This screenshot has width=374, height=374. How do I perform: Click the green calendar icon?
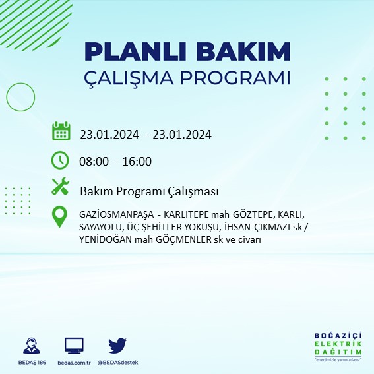(61, 131)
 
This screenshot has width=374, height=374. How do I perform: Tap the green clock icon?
(60, 160)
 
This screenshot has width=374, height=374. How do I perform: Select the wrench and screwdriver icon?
(61, 187)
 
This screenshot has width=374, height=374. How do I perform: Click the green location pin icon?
(61, 217)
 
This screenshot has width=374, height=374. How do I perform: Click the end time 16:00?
(137, 162)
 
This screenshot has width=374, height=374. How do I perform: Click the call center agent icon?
(30, 346)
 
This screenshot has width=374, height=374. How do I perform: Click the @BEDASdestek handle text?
(117, 363)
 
